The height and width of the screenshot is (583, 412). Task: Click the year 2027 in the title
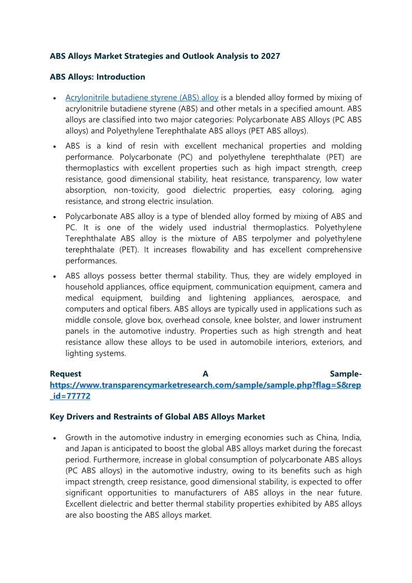click(270, 56)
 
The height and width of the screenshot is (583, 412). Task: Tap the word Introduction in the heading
click(121, 77)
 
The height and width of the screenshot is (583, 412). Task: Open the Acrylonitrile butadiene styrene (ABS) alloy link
click(142, 98)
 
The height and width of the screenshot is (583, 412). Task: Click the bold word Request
click(65, 374)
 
